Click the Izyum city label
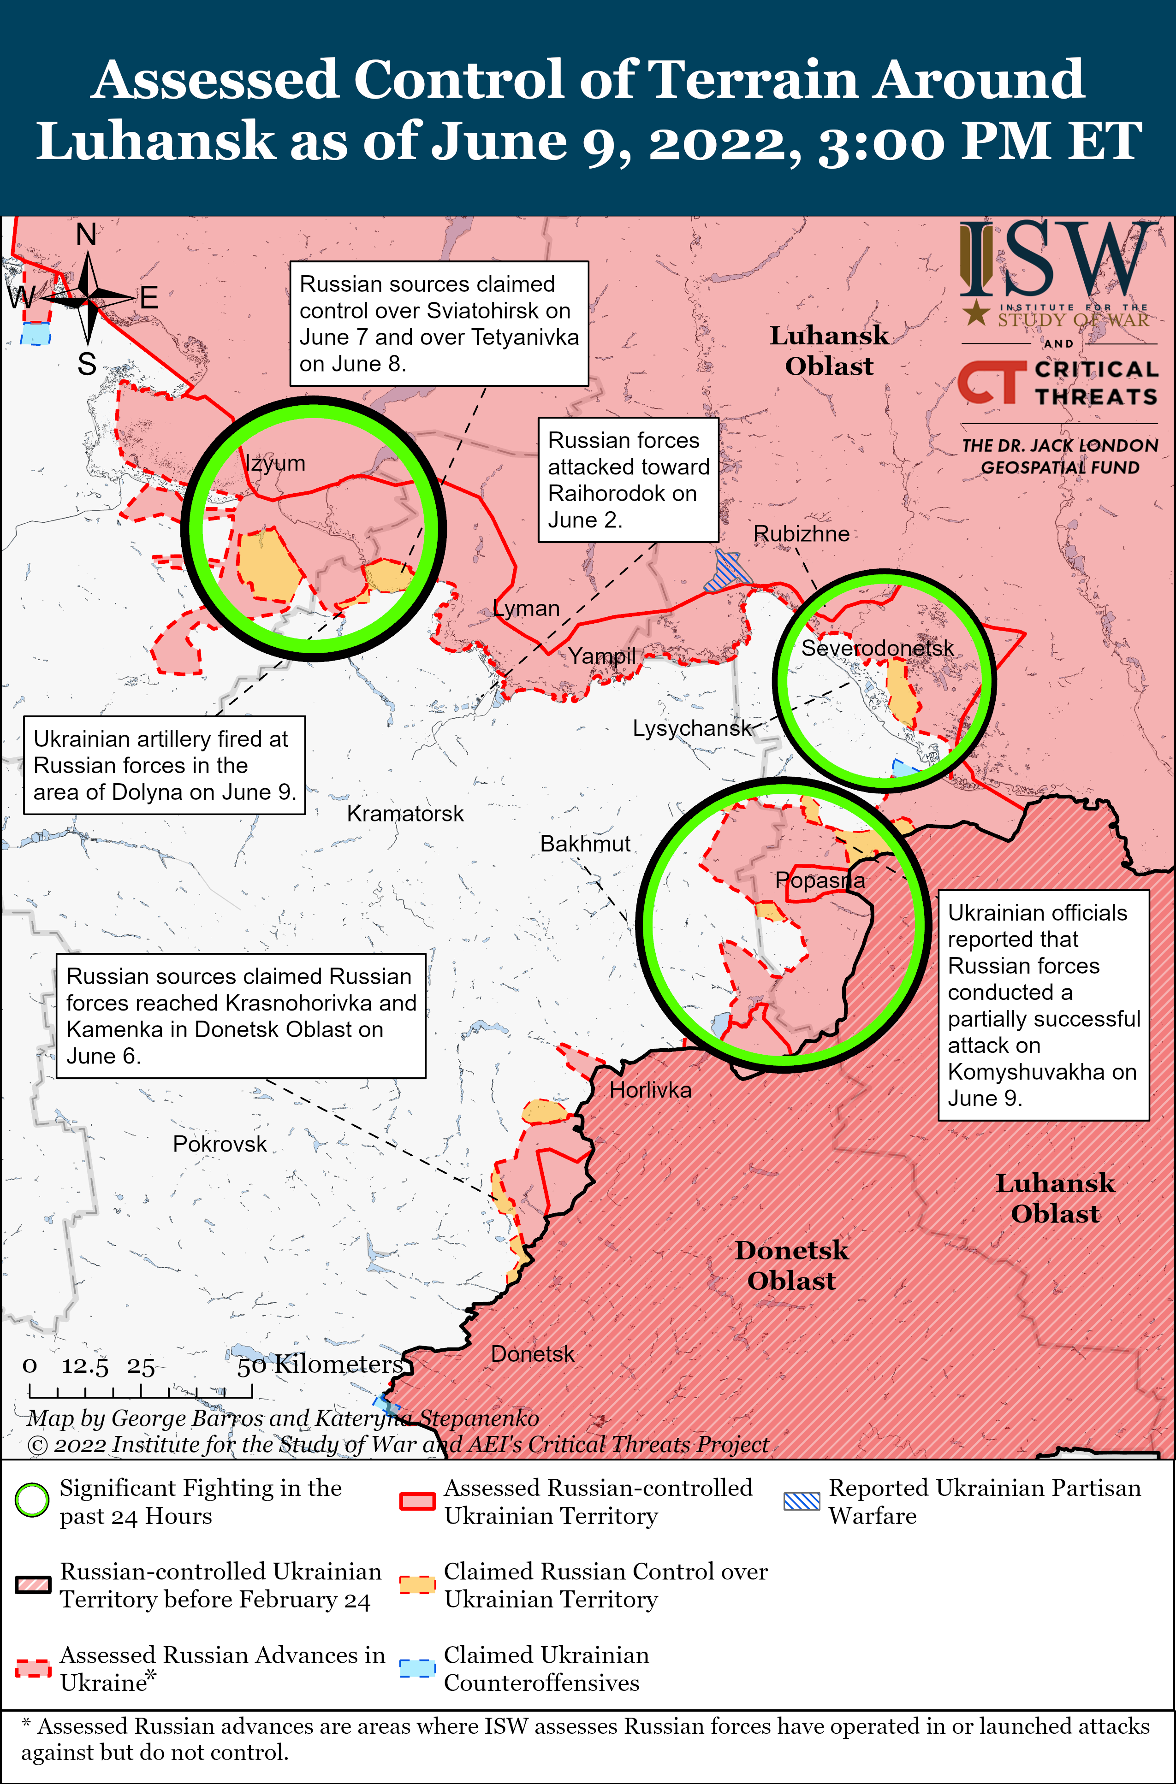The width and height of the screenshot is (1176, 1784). pyautogui.click(x=275, y=463)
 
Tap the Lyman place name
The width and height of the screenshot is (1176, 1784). pyautogui.click(x=527, y=608)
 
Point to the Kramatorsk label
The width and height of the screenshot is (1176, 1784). pyautogui.click(x=405, y=814)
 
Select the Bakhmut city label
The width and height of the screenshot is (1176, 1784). pyautogui.click(x=585, y=844)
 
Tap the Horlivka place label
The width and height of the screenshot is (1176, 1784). pyautogui.click(x=650, y=1090)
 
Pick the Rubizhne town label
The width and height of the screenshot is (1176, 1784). pyautogui.click(x=801, y=534)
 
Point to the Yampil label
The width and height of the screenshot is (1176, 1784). pyautogui.click(x=601, y=656)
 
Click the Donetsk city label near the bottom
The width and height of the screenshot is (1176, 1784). pyautogui.click(x=533, y=1354)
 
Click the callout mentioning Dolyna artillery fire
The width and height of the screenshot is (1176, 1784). pyautogui.click(x=164, y=765)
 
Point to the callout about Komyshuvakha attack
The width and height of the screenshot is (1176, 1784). pyautogui.click(x=1043, y=1005)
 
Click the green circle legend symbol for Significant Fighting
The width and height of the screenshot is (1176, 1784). pyautogui.click(x=32, y=1500)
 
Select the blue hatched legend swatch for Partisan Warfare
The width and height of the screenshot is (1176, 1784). pyautogui.click(x=801, y=1501)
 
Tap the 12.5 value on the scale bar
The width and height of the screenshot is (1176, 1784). pyautogui.click(x=85, y=1366)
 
